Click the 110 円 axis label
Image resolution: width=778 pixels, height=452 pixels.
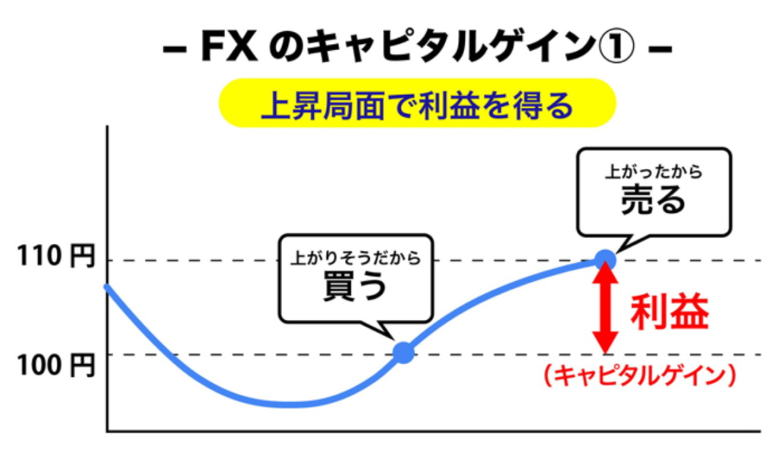(x=56, y=258)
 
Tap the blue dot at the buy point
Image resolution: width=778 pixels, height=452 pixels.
(x=403, y=352)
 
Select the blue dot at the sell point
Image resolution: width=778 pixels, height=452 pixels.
(x=605, y=260)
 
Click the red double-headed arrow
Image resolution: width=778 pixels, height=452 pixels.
(x=605, y=307)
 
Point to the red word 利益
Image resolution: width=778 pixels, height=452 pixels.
(x=669, y=311)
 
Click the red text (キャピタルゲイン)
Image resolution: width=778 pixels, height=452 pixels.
(x=640, y=375)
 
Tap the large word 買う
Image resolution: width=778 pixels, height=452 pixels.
(x=355, y=288)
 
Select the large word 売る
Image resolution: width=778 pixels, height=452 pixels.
(x=653, y=200)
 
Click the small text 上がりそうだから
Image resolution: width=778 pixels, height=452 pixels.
(x=355, y=258)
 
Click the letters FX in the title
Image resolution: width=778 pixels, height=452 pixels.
(x=229, y=50)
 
